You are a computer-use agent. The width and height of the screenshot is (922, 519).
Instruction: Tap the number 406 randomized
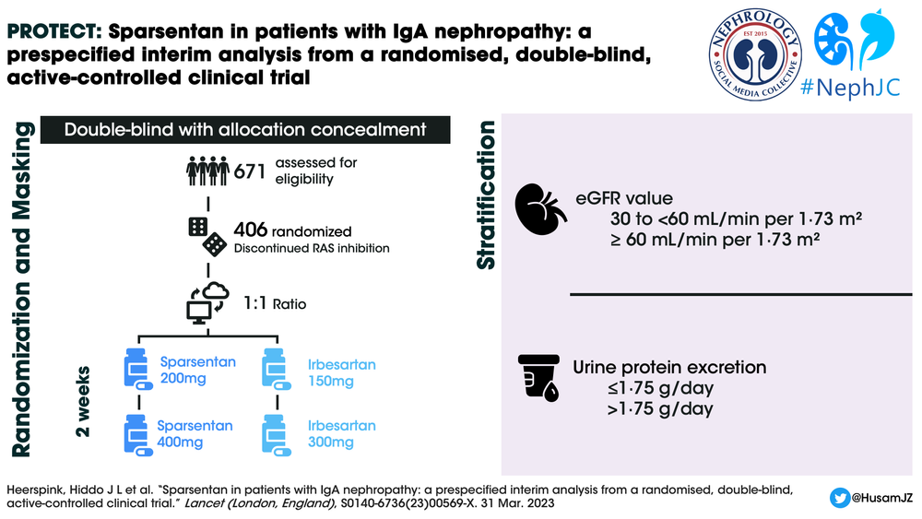click(252, 230)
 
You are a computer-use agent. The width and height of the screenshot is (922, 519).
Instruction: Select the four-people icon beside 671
click(207, 171)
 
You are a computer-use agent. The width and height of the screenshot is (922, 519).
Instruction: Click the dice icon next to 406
click(207, 236)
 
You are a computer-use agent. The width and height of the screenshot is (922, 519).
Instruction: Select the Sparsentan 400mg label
click(195, 433)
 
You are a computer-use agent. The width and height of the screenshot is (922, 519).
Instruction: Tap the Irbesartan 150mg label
click(341, 372)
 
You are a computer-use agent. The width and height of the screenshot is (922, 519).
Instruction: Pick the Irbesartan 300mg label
click(341, 434)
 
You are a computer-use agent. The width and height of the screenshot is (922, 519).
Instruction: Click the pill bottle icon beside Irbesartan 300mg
click(278, 433)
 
